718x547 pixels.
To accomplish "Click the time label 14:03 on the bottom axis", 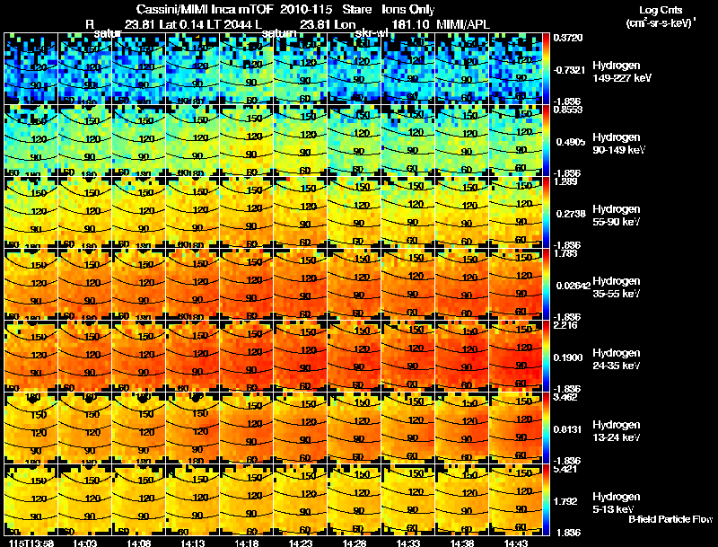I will (x=85, y=543).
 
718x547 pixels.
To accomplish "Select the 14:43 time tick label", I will (x=516, y=543).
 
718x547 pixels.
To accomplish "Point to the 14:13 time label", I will (x=193, y=543).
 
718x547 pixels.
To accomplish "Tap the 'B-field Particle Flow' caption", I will (x=670, y=519).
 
